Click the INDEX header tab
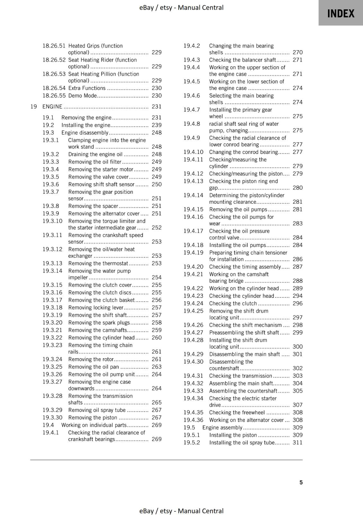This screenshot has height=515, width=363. [341, 13]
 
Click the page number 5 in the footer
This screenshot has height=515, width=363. [301, 482]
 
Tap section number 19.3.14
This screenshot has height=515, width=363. [52, 271]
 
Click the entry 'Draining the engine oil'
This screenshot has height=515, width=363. [95, 154]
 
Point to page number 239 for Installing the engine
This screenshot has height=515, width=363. [156, 125]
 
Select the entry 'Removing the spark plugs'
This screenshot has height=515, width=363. [99, 323]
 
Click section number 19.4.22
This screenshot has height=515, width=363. [193, 288]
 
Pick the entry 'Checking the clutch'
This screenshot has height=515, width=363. [233, 303]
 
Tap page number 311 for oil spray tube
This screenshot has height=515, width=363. [297, 442]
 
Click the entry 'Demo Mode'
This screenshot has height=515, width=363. [82, 96]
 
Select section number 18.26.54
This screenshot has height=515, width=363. [54, 88]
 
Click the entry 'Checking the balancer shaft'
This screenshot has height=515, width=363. [243, 60]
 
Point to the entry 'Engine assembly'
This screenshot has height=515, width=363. [222, 427]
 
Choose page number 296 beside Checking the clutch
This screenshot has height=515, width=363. [297, 303]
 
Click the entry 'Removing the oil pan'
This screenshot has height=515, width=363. [93, 367]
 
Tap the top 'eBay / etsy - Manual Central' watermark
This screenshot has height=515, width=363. [181, 7]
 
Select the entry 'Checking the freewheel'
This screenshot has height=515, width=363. [237, 412]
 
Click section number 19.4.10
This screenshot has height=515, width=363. [193, 152]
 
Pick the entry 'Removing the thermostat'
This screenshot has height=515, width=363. [98, 263]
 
